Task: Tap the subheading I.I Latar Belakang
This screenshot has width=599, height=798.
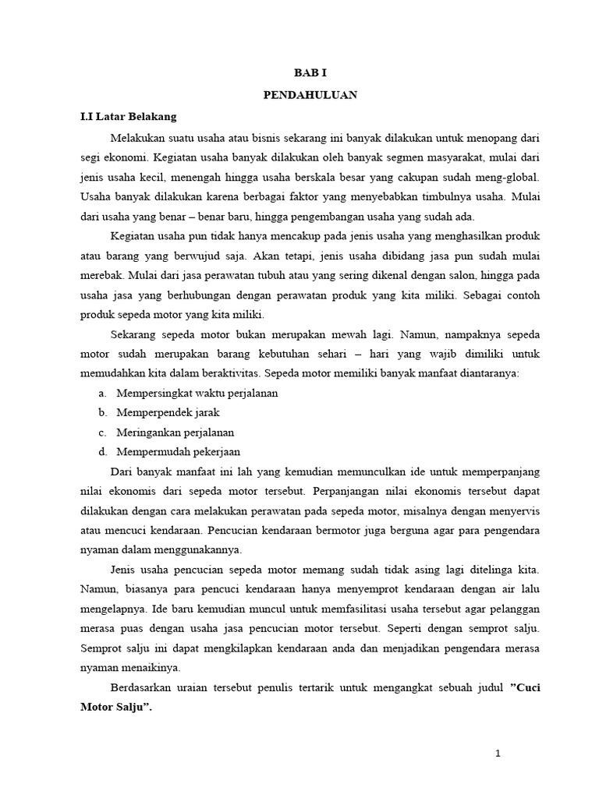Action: (129, 117)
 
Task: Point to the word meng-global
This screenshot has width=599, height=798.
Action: (508, 178)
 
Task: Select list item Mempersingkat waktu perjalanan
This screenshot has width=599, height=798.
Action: (197, 393)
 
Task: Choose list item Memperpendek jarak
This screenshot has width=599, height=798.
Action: (167, 412)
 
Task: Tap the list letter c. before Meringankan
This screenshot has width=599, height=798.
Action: (102, 432)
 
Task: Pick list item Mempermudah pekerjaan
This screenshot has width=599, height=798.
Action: (178, 451)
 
